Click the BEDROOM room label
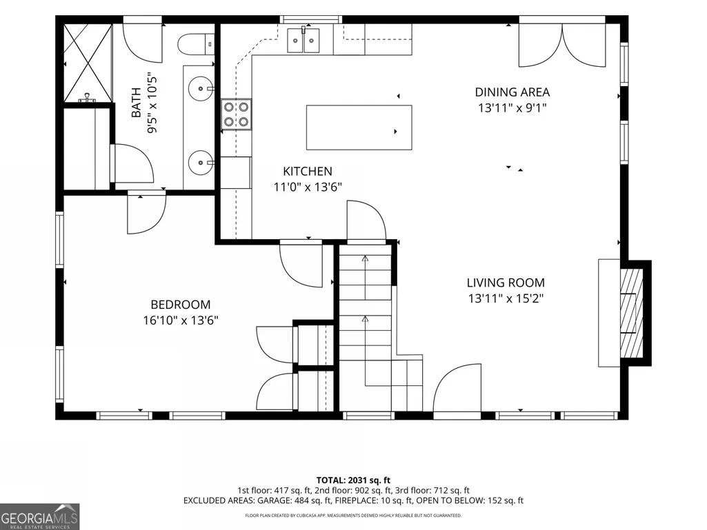(180, 305)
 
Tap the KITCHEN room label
(308, 171)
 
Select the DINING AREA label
(512, 92)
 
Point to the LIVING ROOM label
(506, 283)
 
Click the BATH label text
(136, 103)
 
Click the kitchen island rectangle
(359, 127)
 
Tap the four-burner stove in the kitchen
(237, 114)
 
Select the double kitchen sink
(303, 40)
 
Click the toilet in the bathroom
(196, 44)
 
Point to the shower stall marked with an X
(88, 63)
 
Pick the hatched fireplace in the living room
(632, 313)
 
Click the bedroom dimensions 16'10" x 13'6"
(180, 320)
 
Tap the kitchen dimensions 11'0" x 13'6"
(308, 187)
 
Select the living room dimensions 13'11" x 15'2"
(506, 298)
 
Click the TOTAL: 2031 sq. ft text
(353, 480)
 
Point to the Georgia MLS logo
(40, 516)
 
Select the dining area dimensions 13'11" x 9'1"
(512, 108)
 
